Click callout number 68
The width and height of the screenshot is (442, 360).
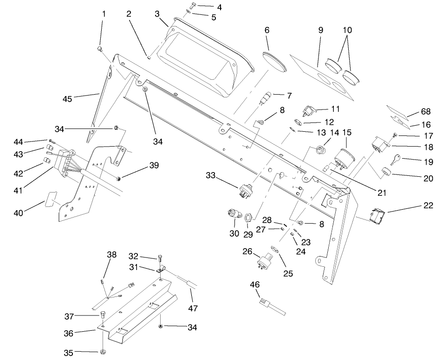coord(426,111)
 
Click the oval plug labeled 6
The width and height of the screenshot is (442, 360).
coord(275,62)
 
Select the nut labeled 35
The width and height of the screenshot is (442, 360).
coord(102,353)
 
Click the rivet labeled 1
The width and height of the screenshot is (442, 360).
coord(100,48)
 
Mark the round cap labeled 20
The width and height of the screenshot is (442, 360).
coord(386,173)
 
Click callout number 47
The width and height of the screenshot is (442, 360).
coord(191,296)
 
